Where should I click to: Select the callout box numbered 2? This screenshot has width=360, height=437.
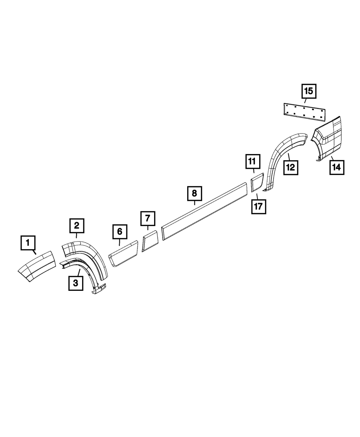point(77,226)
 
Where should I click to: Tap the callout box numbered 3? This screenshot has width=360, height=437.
point(76,283)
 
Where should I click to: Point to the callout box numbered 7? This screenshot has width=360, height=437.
point(148,218)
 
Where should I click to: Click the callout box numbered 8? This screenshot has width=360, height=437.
point(194,194)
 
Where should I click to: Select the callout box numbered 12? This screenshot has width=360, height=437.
point(291,167)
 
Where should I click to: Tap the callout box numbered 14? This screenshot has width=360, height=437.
point(336,167)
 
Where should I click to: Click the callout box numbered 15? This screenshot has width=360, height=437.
point(309,91)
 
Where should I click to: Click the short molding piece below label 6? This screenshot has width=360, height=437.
point(123,254)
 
